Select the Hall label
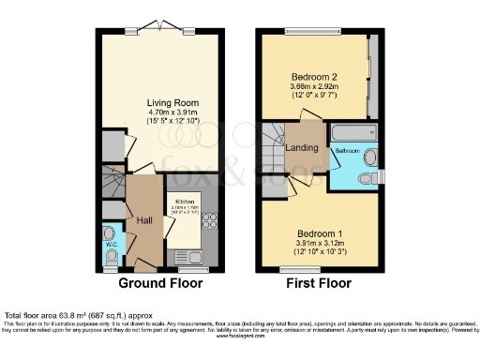(145, 220)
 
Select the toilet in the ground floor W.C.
(111, 232)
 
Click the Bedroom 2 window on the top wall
(306, 33)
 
